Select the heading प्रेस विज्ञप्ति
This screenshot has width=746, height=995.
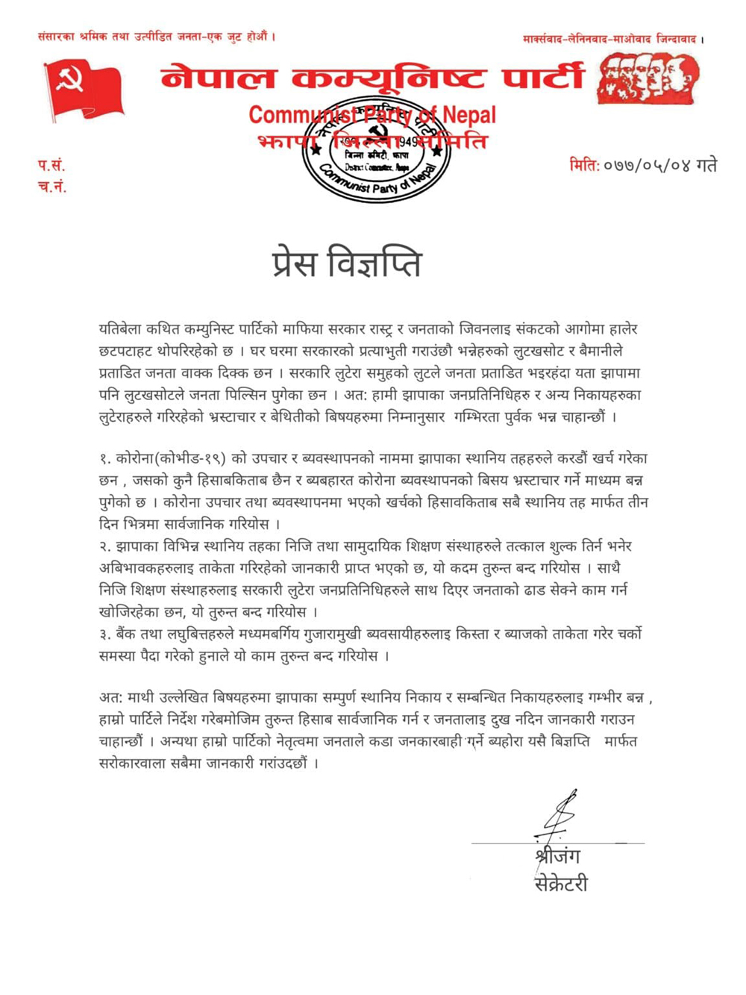(347, 264)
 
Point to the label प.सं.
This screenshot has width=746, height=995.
(51, 165)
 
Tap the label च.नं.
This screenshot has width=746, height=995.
(52, 187)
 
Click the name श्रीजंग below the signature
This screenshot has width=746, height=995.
(557, 856)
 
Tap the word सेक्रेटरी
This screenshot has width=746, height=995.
(561, 884)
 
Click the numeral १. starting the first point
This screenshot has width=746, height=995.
(105, 458)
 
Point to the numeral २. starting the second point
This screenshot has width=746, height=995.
(105, 546)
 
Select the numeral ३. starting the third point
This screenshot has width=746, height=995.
(105, 634)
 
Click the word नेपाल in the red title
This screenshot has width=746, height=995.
(218, 78)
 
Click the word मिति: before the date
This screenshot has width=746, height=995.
(584, 165)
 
